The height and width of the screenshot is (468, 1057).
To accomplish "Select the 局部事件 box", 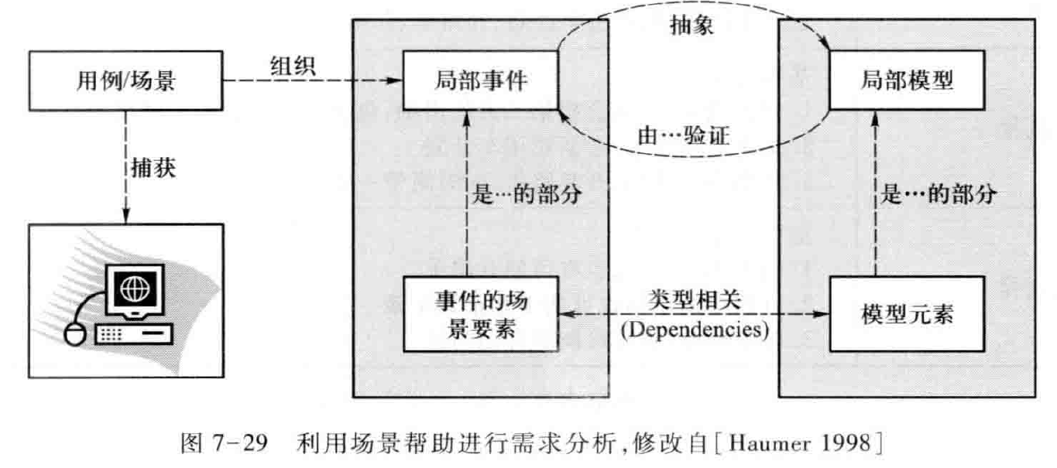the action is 481,80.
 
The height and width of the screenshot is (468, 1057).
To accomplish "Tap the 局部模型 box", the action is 907,80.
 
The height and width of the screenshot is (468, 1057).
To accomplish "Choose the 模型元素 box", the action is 907,316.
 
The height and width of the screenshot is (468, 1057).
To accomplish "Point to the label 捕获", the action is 149,167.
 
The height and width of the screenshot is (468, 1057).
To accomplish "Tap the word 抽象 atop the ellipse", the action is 692,26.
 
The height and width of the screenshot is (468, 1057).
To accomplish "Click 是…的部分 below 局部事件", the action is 527,195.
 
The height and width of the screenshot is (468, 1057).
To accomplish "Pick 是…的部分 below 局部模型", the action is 939,195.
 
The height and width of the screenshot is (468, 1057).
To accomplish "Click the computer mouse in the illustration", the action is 74,334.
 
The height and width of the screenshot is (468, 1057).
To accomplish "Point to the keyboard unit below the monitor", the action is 132,334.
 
